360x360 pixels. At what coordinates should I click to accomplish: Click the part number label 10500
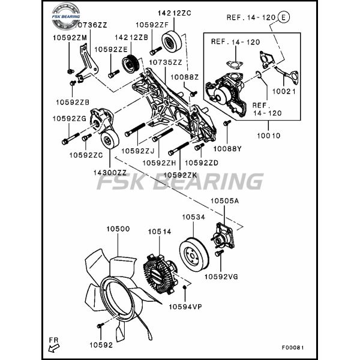(x=118, y=229)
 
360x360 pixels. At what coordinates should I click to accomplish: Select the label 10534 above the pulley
(x=193, y=217)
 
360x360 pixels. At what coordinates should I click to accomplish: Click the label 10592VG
(x=221, y=277)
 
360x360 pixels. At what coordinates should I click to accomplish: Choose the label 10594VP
(x=185, y=307)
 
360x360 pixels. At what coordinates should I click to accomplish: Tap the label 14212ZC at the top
(x=175, y=13)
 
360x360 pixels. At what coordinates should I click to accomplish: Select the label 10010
(x=269, y=136)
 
